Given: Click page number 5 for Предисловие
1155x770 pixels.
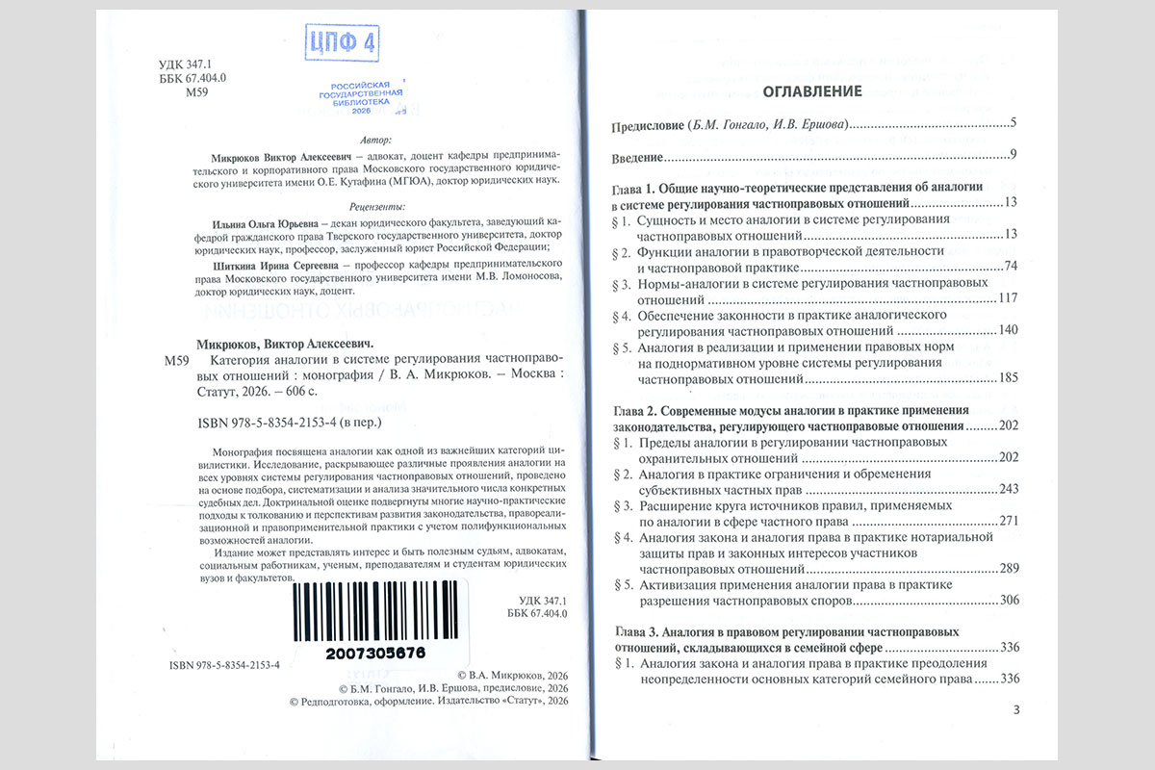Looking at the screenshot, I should [1014, 124].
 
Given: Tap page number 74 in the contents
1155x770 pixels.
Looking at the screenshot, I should [1010, 267].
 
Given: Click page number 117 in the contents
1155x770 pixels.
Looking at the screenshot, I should [1007, 299].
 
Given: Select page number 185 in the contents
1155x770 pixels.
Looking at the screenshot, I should [1007, 378].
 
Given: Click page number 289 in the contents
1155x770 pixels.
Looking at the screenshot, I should [1007, 569].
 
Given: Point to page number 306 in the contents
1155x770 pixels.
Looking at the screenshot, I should [1007, 601].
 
